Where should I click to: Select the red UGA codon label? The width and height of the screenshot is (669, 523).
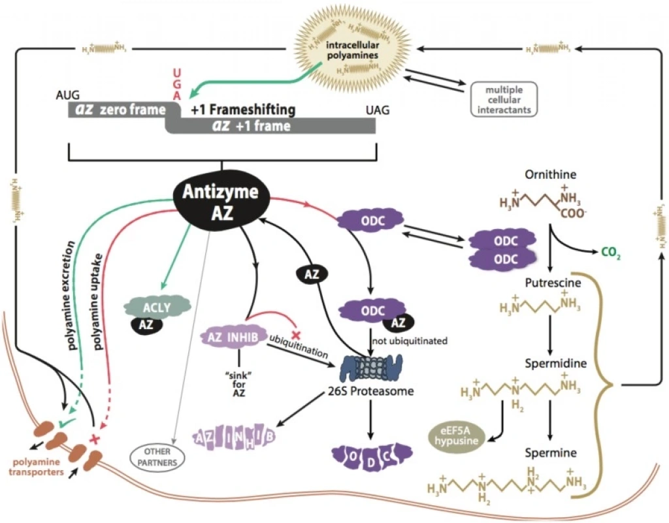[x=174, y=86]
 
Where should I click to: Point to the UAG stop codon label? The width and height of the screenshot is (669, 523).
[x=375, y=110]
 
